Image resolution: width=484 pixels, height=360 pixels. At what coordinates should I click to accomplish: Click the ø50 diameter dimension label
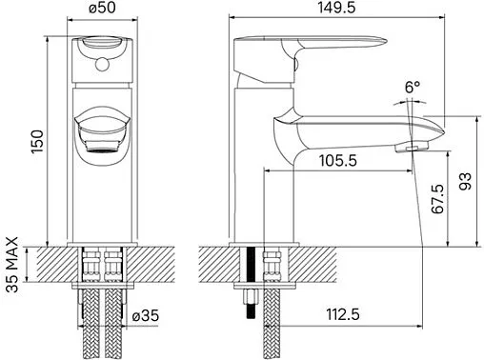tap(102, 8)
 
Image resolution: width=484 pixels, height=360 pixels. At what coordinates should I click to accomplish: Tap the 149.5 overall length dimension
tap(336, 8)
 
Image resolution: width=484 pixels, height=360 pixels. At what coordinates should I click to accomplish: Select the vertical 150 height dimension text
tap(37, 142)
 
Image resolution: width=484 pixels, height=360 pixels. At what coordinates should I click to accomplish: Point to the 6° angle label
tap(413, 87)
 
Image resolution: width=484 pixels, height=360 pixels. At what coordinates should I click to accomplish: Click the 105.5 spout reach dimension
tap(338, 161)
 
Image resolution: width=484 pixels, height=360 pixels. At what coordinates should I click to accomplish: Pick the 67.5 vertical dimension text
tap(437, 199)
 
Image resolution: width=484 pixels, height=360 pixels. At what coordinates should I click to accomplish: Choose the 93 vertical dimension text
tap(465, 181)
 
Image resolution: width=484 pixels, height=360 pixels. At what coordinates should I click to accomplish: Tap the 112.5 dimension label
tap(343, 314)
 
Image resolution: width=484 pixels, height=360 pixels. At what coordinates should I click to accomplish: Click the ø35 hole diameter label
tap(146, 315)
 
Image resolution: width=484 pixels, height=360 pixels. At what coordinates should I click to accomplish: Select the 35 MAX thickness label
tap(12, 265)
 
